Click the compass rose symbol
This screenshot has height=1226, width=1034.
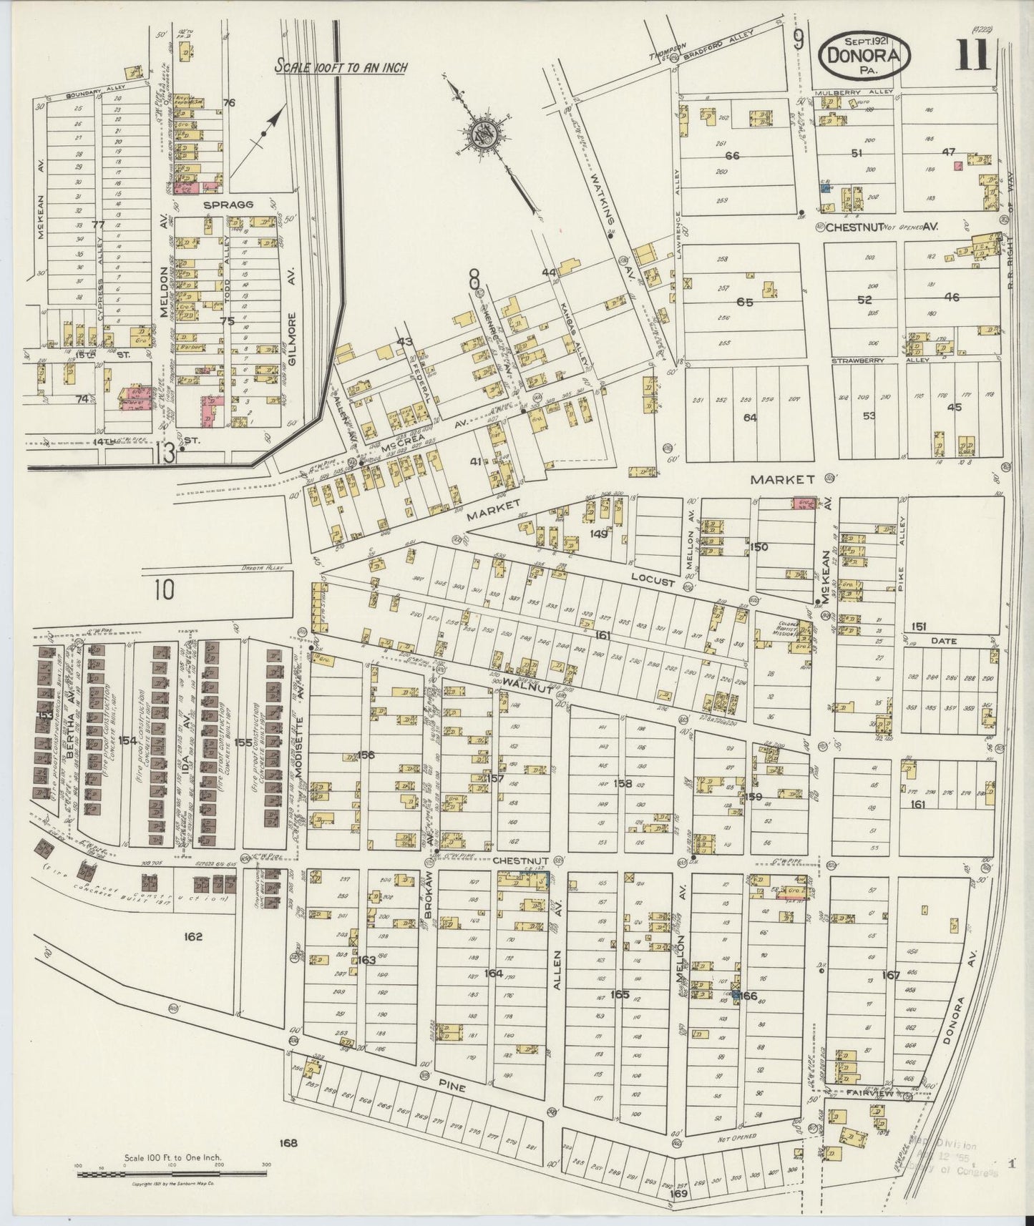482,133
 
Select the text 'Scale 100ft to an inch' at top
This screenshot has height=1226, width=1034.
341,67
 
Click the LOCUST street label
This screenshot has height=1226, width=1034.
653,582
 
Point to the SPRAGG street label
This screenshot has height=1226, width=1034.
228,205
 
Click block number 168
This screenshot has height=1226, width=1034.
288,1143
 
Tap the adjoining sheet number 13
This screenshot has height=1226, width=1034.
167,452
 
